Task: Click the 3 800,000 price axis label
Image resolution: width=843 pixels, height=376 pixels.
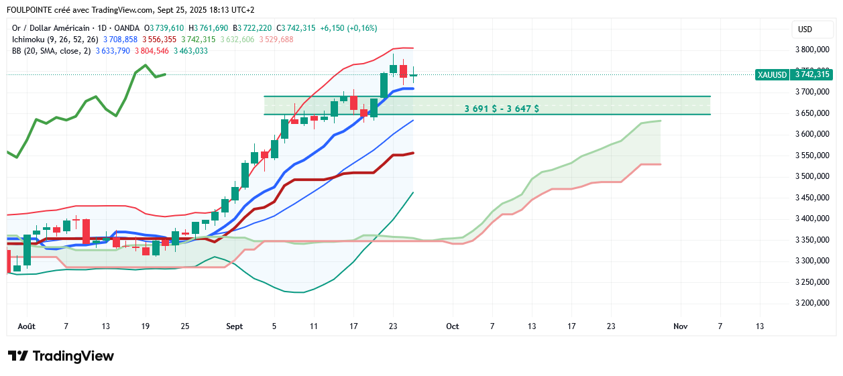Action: [812, 50]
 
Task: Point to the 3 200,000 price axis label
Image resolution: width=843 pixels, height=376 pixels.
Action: [812, 303]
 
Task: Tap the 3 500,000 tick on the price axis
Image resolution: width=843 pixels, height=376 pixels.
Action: [812, 176]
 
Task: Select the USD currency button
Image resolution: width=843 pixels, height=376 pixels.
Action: [804, 29]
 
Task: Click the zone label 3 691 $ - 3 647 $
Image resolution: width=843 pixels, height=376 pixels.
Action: [502, 108]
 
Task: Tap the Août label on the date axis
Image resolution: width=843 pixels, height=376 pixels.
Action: [26, 326]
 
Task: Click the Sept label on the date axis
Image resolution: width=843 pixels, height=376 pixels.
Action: [235, 326]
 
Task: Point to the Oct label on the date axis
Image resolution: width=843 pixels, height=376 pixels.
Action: [452, 326]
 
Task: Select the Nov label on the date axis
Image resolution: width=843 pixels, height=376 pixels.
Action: [680, 326]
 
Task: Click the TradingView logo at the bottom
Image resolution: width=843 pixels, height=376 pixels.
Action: [61, 356]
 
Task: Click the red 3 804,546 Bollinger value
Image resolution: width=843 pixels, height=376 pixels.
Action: [152, 51]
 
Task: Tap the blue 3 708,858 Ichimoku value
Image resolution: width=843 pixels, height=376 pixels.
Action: [121, 40]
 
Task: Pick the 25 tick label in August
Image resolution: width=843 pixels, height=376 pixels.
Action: [185, 326]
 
